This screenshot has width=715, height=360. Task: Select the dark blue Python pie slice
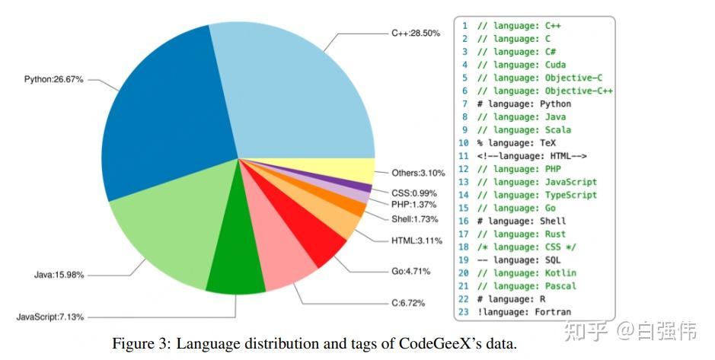click(x=160, y=129)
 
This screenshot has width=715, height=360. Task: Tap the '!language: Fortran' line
click(x=524, y=312)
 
